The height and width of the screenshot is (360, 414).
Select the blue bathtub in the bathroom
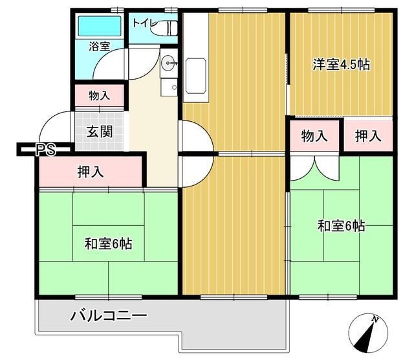(x=100, y=27)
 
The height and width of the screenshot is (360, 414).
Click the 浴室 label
(x=100, y=47)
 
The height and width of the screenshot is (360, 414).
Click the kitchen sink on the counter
(x=195, y=71)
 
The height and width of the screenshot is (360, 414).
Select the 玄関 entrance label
(x=100, y=132)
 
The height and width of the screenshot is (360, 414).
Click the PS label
(x=45, y=151)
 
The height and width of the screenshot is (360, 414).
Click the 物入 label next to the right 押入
(x=314, y=136)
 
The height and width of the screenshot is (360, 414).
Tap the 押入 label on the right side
(x=367, y=136)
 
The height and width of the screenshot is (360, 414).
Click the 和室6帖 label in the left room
(x=109, y=244)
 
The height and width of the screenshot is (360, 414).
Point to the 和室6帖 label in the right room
(x=341, y=226)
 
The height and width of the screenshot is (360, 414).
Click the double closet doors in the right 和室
(x=313, y=168)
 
